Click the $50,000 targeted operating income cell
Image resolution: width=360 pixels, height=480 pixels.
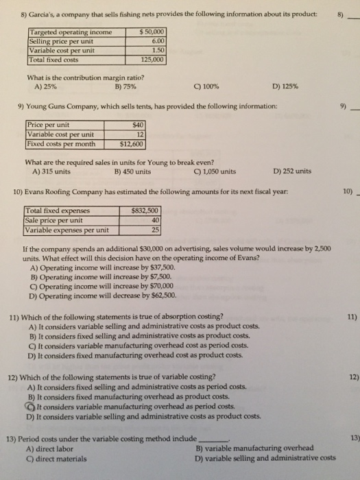(x=150, y=33)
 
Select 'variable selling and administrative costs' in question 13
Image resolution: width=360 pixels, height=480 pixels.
(x=270, y=459)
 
